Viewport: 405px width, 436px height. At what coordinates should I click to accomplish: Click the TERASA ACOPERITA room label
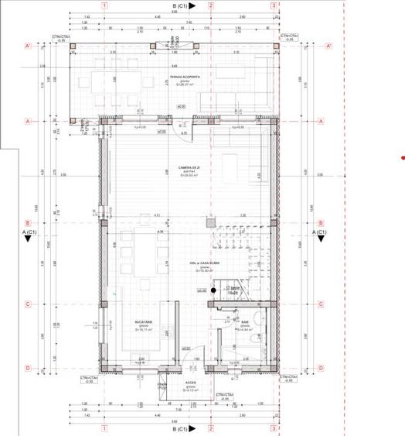pyautogui.click(x=186, y=77)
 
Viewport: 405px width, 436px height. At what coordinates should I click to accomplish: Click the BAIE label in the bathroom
pyautogui.click(x=245, y=322)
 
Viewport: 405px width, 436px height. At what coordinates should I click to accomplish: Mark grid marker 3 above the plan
pyautogui.click(x=274, y=5)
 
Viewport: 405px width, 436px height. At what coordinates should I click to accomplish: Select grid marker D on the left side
pyautogui.click(x=28, y=368)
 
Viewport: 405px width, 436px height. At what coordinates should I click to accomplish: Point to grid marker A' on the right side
pyautogui.click(x=330, y=47)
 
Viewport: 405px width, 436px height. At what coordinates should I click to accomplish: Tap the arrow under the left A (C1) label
pyautogui.click(x=28, y=239)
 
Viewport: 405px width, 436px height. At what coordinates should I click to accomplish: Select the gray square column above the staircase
pyautogui.click(x=211, y=221)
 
